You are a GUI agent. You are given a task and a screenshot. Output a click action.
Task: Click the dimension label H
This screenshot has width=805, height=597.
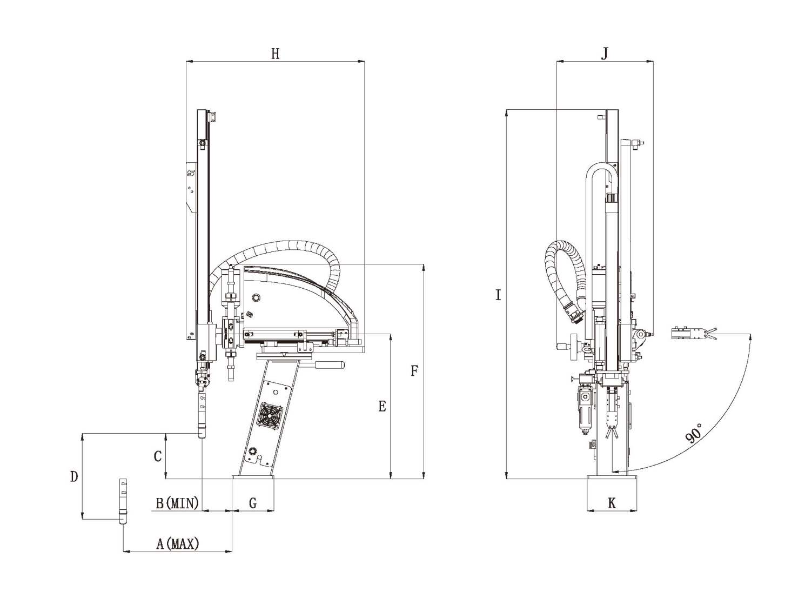pyautogui.click(x=275, y=54)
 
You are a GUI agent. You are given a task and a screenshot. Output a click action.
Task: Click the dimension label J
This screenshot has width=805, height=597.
pyautogui.click(x=605, y=54)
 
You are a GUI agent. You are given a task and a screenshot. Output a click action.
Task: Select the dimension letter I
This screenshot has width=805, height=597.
pyautogui.click(x=498, y=295)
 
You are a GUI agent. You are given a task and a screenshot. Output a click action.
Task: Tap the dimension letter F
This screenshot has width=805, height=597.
pyautogui.click(x=414, y=371)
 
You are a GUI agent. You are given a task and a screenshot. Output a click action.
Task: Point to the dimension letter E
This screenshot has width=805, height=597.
pyautogui.click(x=382, y=406)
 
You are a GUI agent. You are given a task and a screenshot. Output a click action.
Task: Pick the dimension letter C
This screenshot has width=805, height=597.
pyautogui.click(x=158, y=456)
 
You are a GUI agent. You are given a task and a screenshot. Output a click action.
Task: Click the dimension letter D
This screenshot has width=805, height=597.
pyautogui.click(x=74, y=476)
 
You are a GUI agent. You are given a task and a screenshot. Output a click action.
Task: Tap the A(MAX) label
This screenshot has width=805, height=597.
pyautogui.click(x=177, y=543)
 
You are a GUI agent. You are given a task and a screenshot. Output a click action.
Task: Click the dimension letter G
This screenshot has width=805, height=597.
pyautogui.click(x=253, y=503)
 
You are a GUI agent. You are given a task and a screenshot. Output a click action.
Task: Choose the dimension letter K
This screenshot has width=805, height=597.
pyautogui.click(x=612, y=503)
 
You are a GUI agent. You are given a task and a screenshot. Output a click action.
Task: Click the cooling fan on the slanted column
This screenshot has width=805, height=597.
pyautogui.click(x=269, y=416)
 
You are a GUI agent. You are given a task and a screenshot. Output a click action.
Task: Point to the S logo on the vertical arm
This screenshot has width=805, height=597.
pyautogui.click(x=190, y=173)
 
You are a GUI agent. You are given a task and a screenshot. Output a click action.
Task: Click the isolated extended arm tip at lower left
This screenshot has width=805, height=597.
pyautogui.click(x=123, y=501)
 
